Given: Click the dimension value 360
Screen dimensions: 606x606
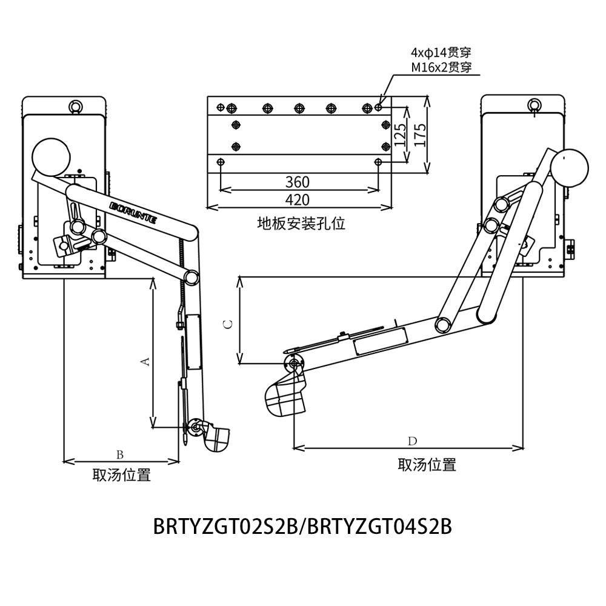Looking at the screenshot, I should (298, 182).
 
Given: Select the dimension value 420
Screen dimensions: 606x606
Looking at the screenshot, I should (298, 200).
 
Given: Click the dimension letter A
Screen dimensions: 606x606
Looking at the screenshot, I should (145, 361).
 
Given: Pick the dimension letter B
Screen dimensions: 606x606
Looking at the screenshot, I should (120, 454).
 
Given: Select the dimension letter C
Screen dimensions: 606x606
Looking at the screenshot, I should (228, 324).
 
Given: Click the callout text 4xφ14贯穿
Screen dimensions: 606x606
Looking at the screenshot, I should (441, 53).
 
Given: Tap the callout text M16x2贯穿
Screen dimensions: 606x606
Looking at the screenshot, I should (441, 67).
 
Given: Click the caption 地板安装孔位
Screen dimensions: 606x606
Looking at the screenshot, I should (301, 224).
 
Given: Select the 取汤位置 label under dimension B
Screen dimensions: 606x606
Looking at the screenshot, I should (121, 474).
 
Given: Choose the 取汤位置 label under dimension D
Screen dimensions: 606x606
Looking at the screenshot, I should (427, 465).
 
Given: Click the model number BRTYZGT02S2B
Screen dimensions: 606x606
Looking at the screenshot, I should (225, 526).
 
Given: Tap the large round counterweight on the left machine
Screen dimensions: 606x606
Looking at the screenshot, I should (52, 156).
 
